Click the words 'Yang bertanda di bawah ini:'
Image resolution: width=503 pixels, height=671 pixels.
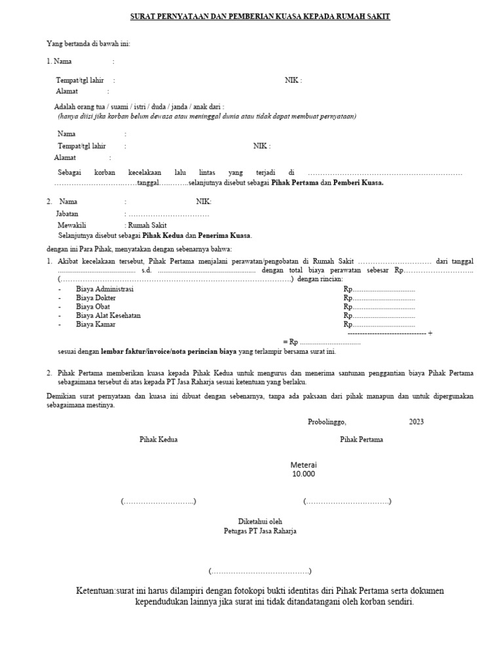(88, 44)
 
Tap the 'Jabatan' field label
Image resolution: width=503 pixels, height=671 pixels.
(68, 214)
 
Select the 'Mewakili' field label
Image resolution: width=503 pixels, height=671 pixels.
(72, 224)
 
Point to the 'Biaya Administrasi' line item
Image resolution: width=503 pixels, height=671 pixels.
(105, 289)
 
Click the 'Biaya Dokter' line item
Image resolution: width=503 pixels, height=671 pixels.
(96, 297)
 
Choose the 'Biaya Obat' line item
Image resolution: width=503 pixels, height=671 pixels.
(94, 306)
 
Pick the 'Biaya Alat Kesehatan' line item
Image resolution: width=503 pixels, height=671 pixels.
(108, 315)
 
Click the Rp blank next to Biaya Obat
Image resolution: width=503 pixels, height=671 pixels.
(379, 306)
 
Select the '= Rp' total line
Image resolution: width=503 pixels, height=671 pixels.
(322, 341)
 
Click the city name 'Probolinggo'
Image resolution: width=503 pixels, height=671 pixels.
(327, 421)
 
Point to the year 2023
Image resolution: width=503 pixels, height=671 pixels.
(417, 421)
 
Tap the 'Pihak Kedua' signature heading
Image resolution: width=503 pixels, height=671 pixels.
(158, 440)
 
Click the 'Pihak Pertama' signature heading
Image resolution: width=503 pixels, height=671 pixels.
(362, 440)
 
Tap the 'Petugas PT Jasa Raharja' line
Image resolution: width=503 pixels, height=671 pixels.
(260, 531)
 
